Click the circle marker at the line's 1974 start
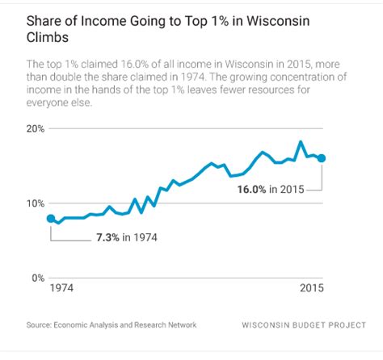click(x=52, y=218)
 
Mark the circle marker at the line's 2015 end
click(x=322, y=158)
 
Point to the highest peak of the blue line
click(x=301, y=142)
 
